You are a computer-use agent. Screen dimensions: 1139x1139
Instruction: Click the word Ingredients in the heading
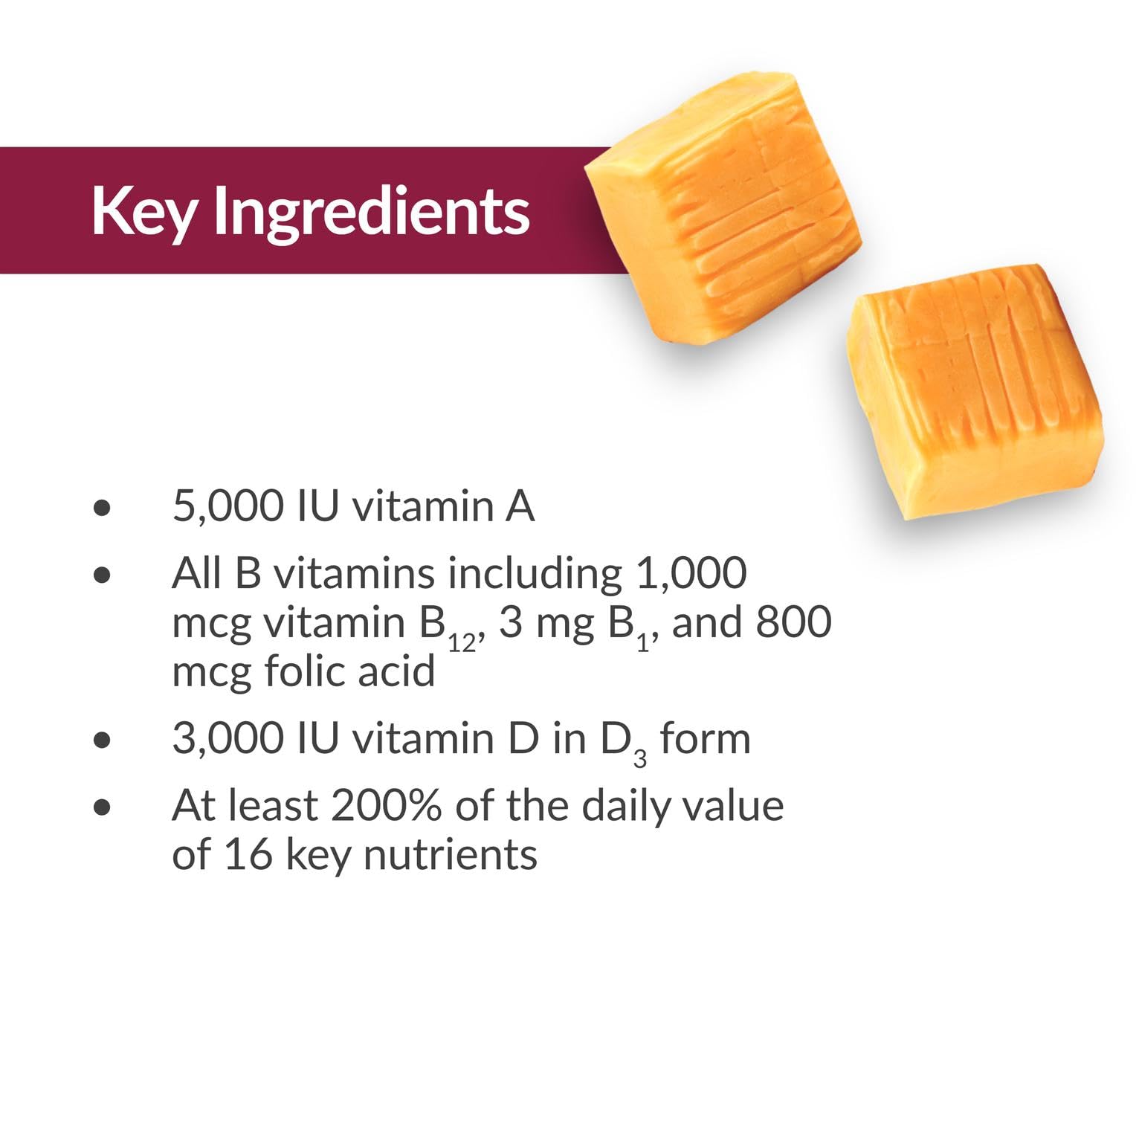tap(372, 212)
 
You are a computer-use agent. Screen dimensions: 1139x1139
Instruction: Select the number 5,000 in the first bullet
tap(228, 506)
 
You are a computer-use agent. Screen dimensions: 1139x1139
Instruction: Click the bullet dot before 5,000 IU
tap(103, 508)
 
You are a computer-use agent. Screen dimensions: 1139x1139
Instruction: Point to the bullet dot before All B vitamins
tap(103, 575)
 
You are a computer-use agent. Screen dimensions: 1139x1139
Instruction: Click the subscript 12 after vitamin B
tap(462, 642)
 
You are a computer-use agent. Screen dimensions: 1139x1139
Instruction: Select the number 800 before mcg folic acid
tap(793, 622)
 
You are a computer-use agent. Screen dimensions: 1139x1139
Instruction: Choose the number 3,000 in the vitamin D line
tap(228, 738)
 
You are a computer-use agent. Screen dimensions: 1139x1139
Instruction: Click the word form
tap(705, 738)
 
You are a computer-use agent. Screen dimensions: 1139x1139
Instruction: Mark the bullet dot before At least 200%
tap(103, 807)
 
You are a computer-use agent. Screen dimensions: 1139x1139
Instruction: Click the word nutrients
tap(450, 855)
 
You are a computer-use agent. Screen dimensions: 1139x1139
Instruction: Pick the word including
tap(535, 575)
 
